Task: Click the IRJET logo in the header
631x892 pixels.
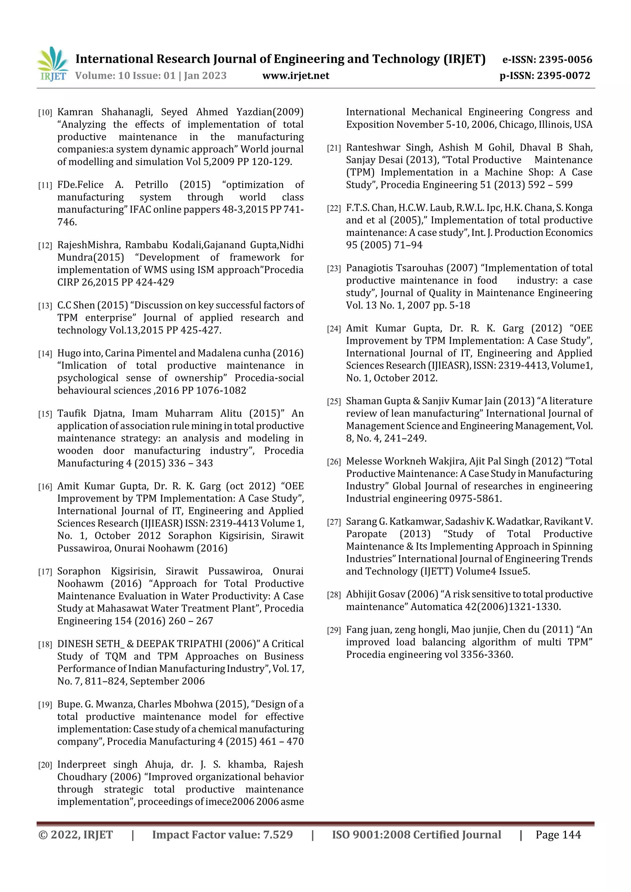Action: coord(52,64)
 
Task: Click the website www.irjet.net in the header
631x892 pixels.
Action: coord(295,76)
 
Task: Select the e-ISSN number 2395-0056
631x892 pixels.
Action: coord(565,60)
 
